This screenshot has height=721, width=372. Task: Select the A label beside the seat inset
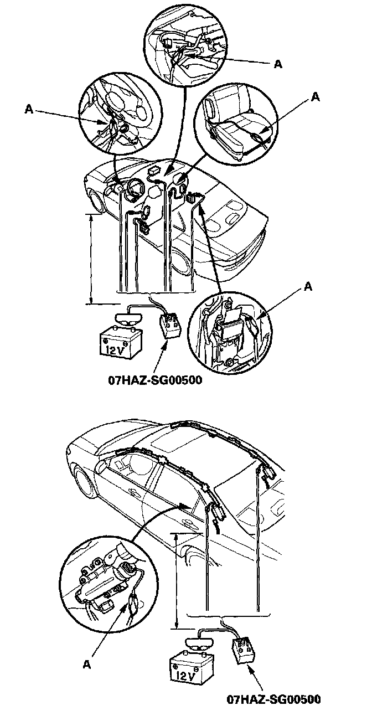[x=316, y=96]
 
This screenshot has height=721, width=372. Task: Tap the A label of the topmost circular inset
[x=278, y=64]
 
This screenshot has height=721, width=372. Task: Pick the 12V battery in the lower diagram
[x=192, y=671]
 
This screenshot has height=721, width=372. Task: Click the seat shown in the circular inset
[x=232, y=122]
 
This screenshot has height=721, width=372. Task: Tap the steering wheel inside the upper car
[x=132, y=192]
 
